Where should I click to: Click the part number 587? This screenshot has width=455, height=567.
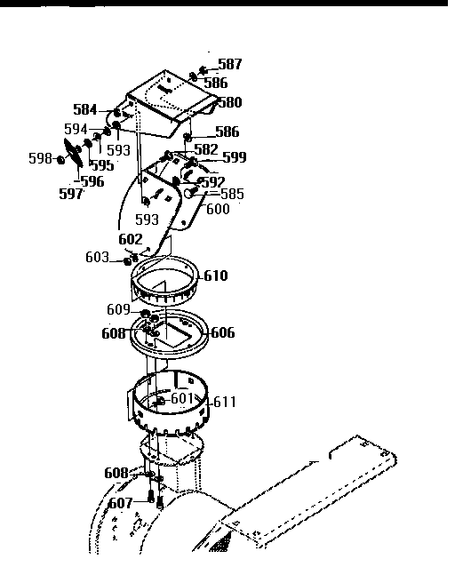[x=229, y=65]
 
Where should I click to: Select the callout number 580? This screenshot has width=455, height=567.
[x=229, y=102]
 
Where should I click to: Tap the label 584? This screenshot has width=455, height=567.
[x=85, y=110]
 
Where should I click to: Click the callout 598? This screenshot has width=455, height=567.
[x=40, y=159]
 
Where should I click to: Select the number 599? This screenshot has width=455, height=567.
[x=234, y=157]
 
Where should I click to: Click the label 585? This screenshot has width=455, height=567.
[x=231, y=194]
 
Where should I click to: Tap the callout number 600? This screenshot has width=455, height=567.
[x=217, y=210]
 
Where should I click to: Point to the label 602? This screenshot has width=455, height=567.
[x=130, y=239]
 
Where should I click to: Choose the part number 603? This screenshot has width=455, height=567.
[x=98, y=258]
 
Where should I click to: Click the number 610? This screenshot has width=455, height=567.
[x=215, y=276]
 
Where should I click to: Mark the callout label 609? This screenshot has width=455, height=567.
[x=118, y=311]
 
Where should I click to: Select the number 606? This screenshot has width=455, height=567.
[x=222, y=332]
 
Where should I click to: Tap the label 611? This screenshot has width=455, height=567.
[x=224, y=402]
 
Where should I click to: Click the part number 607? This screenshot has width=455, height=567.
[x=121, y=503]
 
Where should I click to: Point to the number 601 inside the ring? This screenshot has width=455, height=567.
[x=181, y=398]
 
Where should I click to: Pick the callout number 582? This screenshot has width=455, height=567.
[x=205, y=149]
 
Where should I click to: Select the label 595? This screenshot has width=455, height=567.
[x=101, y=165]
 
